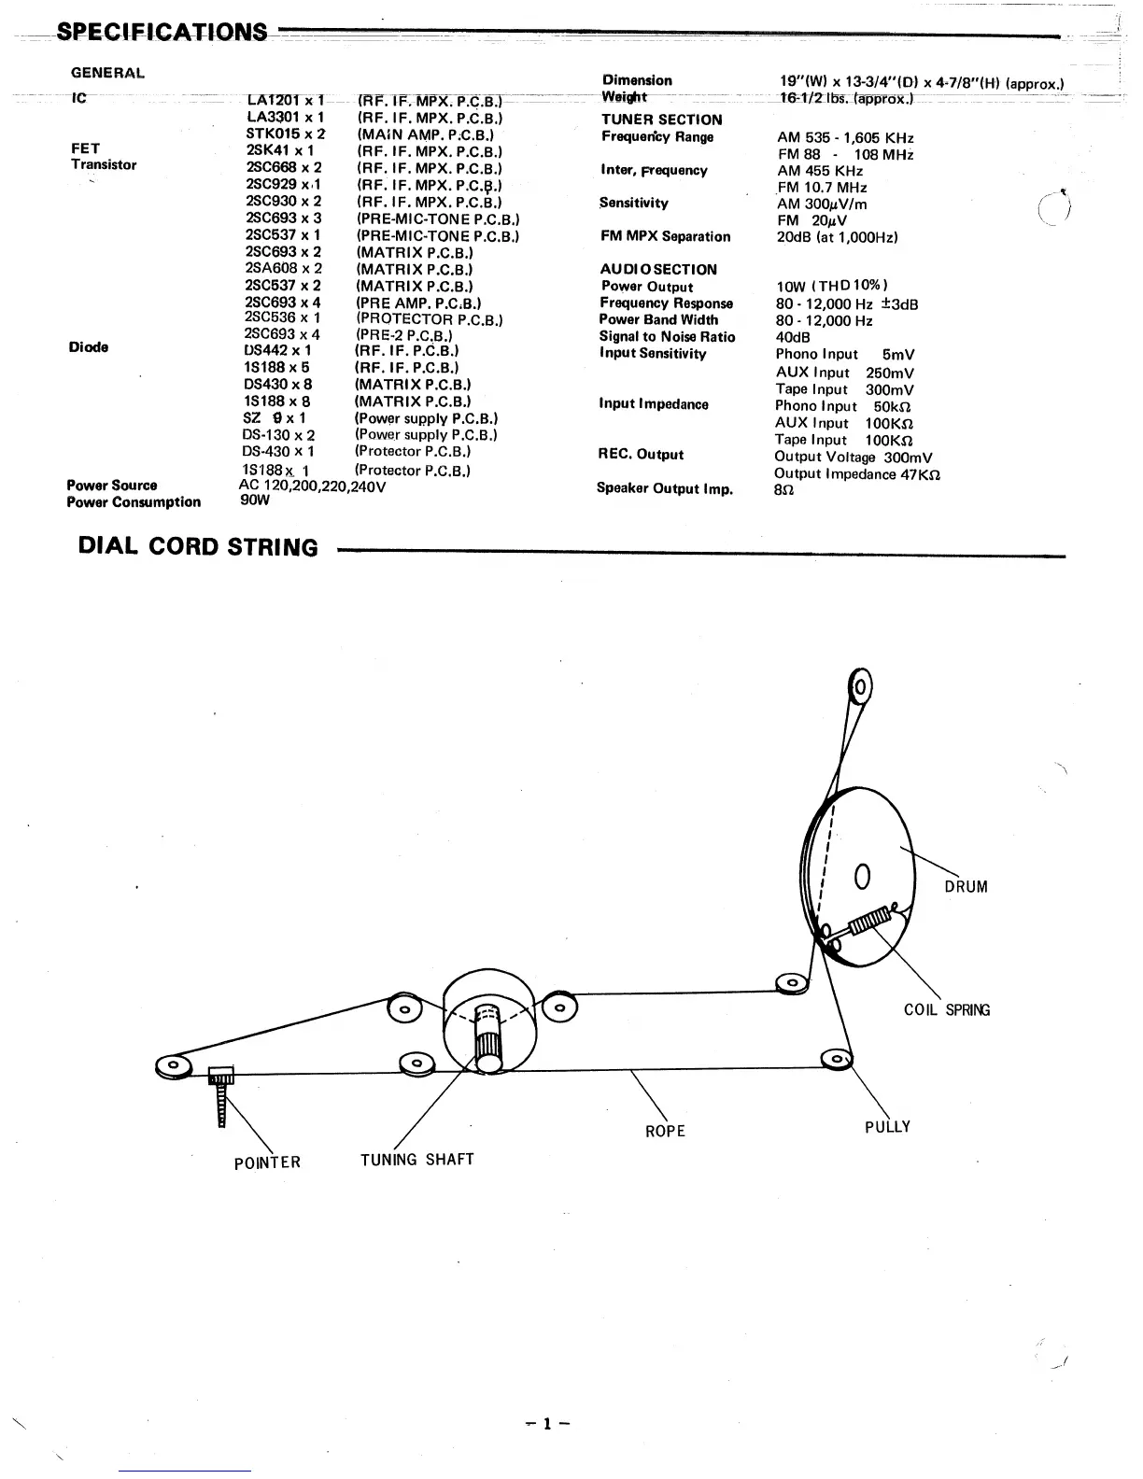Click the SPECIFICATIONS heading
coord(161,32)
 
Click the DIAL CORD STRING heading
coord(198,547)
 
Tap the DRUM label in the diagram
coord(966,887)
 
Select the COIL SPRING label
coord(947,1010)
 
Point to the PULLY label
coord(887,1127)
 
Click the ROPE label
coord(665,1132)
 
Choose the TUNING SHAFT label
coord(417,1160)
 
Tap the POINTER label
coord(267,1162)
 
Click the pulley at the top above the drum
coord(860,689)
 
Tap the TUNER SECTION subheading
coord(661,120)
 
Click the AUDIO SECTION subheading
coord(658,270)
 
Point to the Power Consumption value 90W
coord(255,500)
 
